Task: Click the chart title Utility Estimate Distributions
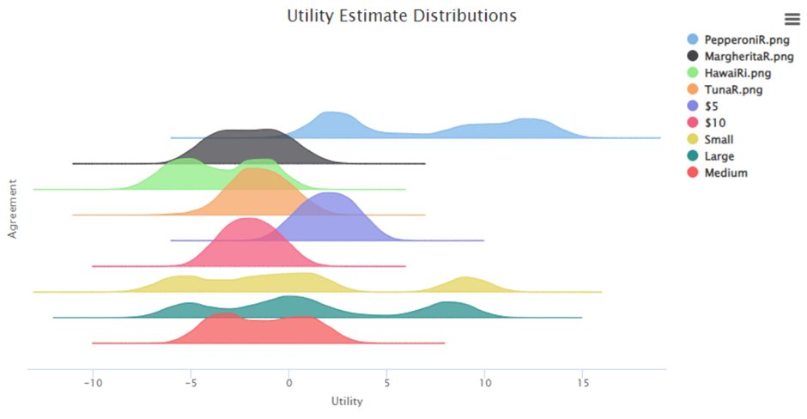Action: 402,15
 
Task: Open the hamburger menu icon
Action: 792,19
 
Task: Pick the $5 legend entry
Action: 712,106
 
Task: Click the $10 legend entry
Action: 715,123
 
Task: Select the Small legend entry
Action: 719,139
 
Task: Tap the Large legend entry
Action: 719,156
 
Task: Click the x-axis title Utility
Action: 347,401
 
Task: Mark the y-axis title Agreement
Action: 12,209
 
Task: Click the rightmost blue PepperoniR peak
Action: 529,123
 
